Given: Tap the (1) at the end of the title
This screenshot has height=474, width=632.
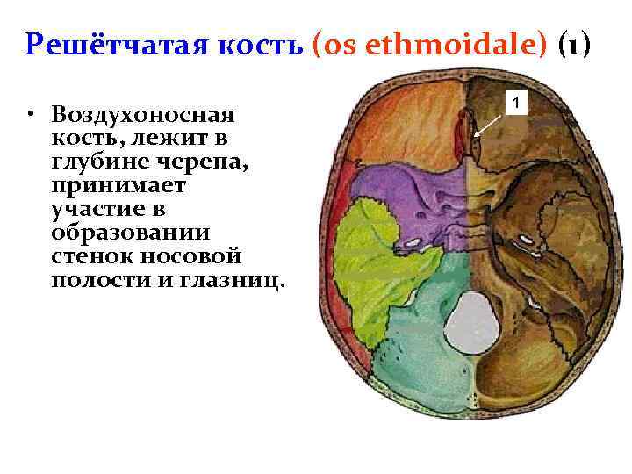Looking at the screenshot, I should (577, 44).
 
